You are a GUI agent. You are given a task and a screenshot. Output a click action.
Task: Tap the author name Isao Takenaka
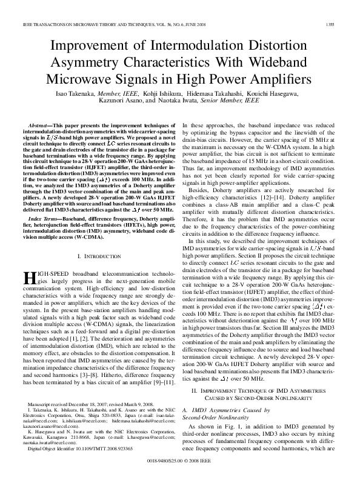coord(73,94)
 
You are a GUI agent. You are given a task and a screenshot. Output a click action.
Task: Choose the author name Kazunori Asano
coord(135,103)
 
